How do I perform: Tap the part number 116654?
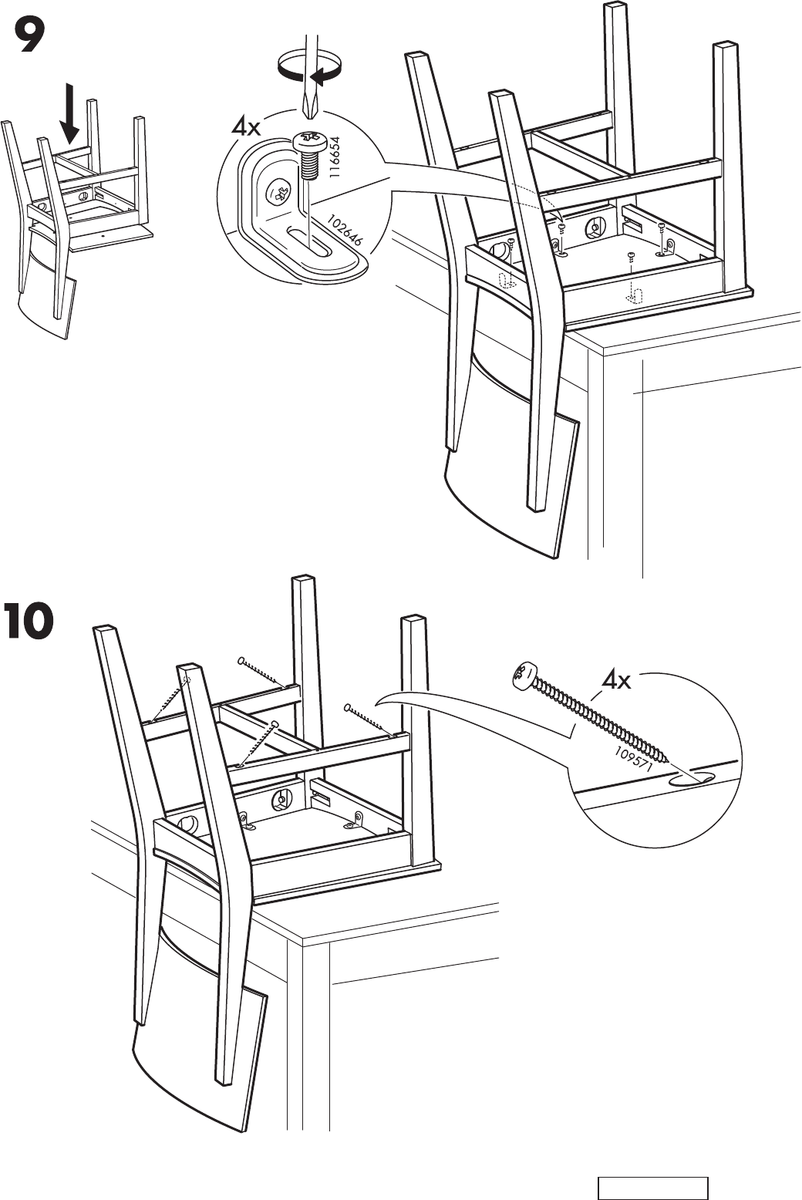pos(334,158)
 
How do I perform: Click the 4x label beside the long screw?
pos(617,680)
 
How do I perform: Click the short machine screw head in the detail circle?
pos(306,140)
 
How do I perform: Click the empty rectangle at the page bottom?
pos(652,1188)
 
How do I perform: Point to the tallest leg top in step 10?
pos(302,579)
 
